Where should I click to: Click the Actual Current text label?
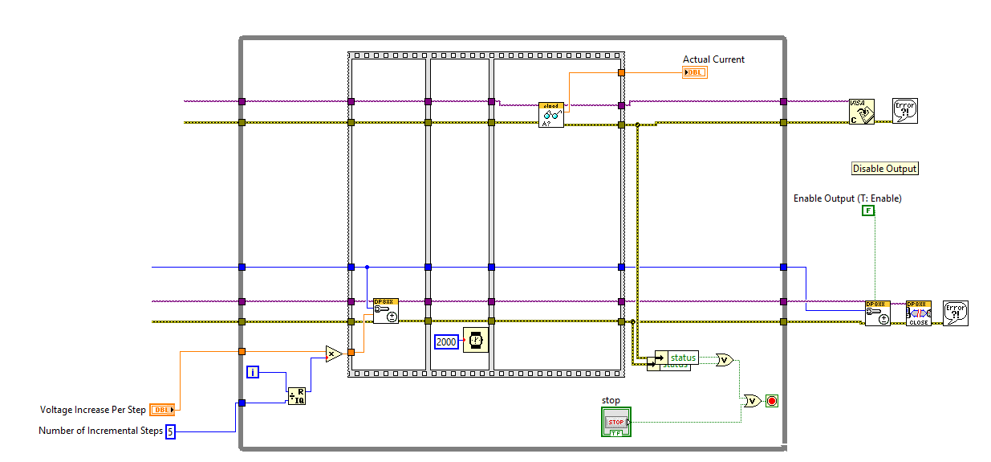point(713,59)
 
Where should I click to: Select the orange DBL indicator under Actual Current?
point(695,72)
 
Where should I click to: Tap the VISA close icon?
point(862,112)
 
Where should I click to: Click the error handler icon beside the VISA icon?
point(905,111)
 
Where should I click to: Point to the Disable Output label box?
point(884,169)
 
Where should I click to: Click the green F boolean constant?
point(868,211)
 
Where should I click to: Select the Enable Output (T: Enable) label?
point(847,198)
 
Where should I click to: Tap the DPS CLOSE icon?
point(919,313)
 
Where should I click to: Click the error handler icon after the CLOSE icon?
point(956,313)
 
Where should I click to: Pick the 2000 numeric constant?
point(447,342)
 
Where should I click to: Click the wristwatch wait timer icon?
point(476,341)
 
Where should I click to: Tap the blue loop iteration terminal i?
point(253,372)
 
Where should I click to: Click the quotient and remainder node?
point(297,395)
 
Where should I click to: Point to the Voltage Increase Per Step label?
point(93,410)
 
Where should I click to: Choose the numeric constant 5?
point(170,431)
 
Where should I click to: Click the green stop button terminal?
point(616,422)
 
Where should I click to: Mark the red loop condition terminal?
point(772,400)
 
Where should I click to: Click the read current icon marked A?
point(551,115)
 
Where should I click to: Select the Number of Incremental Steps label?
point(100,431)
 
